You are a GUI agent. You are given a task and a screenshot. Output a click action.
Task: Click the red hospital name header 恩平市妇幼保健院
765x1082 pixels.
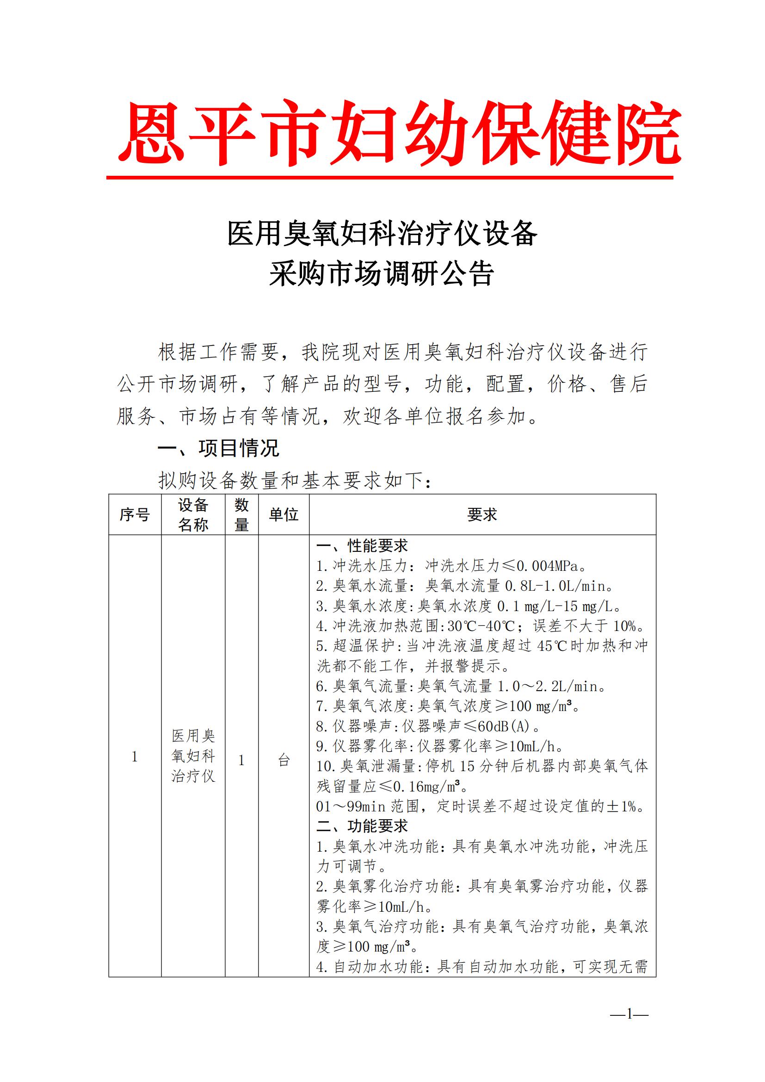click(400, 133)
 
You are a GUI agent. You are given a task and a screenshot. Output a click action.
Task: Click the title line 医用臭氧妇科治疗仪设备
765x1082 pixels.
click(382, 233)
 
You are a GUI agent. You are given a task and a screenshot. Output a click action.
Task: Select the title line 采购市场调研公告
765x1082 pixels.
click(382, 274)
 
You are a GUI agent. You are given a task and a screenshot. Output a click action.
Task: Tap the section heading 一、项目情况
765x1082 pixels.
click(218, 448)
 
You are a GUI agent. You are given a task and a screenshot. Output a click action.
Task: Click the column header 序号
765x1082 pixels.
click(135, 514)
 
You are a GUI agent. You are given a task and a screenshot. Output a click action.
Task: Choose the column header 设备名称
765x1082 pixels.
click(193, 514)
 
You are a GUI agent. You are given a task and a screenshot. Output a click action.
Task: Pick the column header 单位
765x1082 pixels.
click(284, 514)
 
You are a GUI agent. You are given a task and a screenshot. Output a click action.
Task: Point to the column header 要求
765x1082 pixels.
click(482, 514)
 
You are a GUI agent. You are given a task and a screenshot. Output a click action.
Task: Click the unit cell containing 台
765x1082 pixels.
click(284, 760)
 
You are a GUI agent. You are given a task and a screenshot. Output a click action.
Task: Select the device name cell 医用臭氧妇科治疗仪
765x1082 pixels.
click(193, 756)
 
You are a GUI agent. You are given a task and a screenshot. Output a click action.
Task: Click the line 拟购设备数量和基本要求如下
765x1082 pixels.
click(295, 481)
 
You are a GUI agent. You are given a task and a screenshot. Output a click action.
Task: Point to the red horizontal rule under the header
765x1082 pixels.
click(389, 178)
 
